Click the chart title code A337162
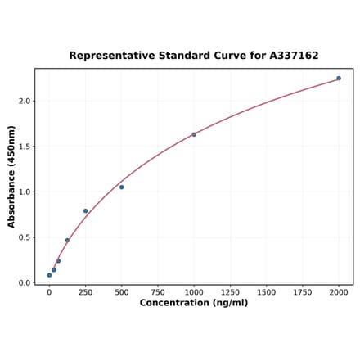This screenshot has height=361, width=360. pyautogui.click(x=291, y=56)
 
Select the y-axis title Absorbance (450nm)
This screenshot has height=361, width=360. pyautogui.click(x=11, y=176)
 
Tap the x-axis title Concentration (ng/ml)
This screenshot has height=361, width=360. pyautogui.click(x=194, y=303)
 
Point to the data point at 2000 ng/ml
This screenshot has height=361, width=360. pyautogui.click(x=339, y=79)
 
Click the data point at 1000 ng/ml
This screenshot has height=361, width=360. pyautogui.click(x=194, y=134)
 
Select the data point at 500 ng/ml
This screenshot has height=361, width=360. pyautogui.click(x=122, y=187)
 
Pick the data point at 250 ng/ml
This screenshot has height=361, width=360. pyautogui.click(x=85, y=211)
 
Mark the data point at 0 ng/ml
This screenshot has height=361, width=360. pyautogui.click(x=49, y=275)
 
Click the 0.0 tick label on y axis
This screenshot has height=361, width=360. pyautogui.click(x=25, y=283)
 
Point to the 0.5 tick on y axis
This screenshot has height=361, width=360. pyautogui.click(x=25, y=237)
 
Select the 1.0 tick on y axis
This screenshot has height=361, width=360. pyautogui.click(x=25, y=192)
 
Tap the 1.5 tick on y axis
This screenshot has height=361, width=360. pyautogui.click(x=25, y=147)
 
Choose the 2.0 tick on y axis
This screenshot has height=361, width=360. pyautogui.click(x=25, y=102)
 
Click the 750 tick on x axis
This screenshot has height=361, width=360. pyautogui.click(x=158, y=291)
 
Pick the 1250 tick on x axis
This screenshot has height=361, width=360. pyautogui.click(x=230, y=291)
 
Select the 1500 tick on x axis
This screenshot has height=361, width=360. pyautogui.click(x=267, y=291)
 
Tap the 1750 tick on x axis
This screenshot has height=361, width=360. pyautogui.click(x=303, y=291)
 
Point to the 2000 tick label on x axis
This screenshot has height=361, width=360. pyautogui.click(x=339, y=291)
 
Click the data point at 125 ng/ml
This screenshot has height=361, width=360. pyautogui.click(x=67, y=241)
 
